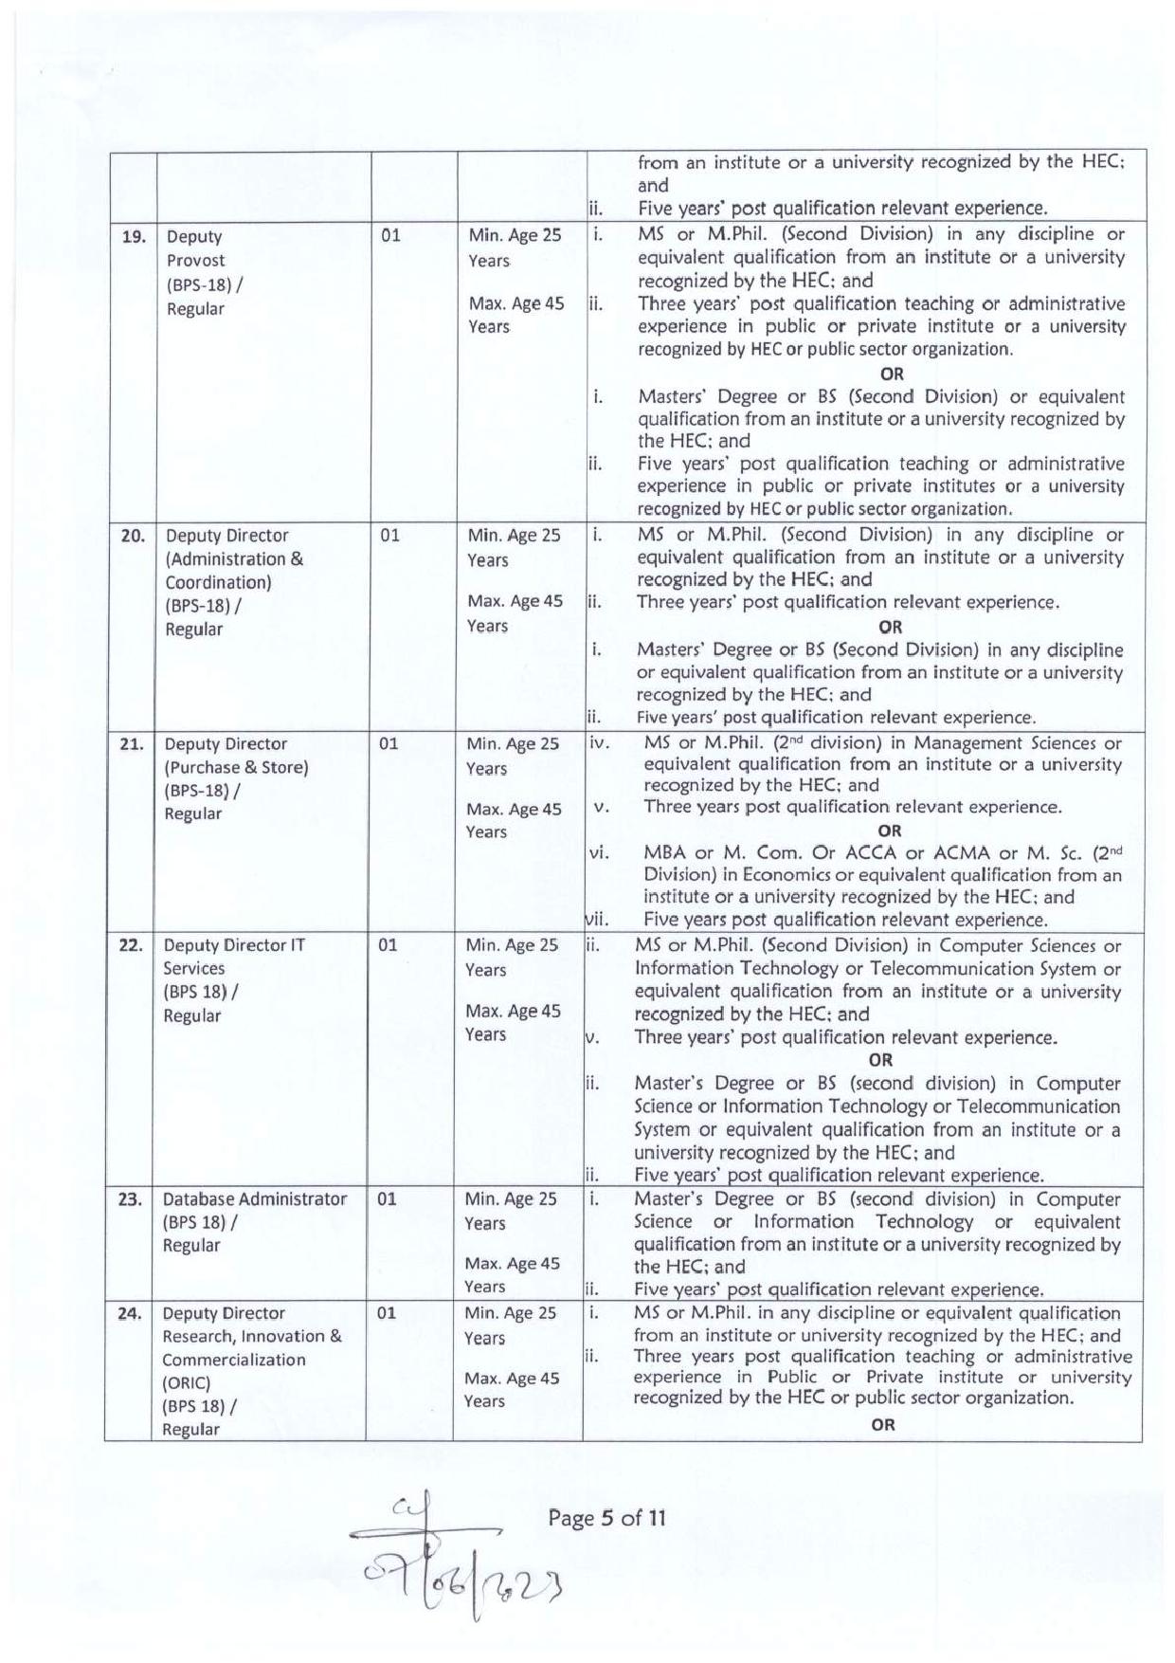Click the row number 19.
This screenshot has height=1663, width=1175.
point(134,236)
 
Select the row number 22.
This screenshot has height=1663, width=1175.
point(130,945)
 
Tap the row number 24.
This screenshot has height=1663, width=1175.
point(129,1314)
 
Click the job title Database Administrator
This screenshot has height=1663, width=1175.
point(254,1199)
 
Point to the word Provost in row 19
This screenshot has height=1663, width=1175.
point(196,260)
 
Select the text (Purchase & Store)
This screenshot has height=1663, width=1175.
point(236,767)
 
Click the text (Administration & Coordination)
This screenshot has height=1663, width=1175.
point(233,571)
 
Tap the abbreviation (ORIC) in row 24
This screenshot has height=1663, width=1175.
point(186,1382)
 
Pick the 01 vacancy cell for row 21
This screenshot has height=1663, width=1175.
point(389,743)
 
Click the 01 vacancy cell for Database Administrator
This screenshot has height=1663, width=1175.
point(387,1199)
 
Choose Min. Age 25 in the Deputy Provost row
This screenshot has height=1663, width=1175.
point(515,235)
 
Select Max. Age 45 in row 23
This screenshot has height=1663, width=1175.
point(512,1263)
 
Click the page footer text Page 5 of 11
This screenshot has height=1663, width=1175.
point(606,1518)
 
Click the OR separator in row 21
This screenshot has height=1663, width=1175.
point(889,831)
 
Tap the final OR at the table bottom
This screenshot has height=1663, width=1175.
point(882,1424)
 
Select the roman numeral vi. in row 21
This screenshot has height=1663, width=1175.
point(599,852)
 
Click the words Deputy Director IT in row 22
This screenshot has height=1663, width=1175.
point(234,945)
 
